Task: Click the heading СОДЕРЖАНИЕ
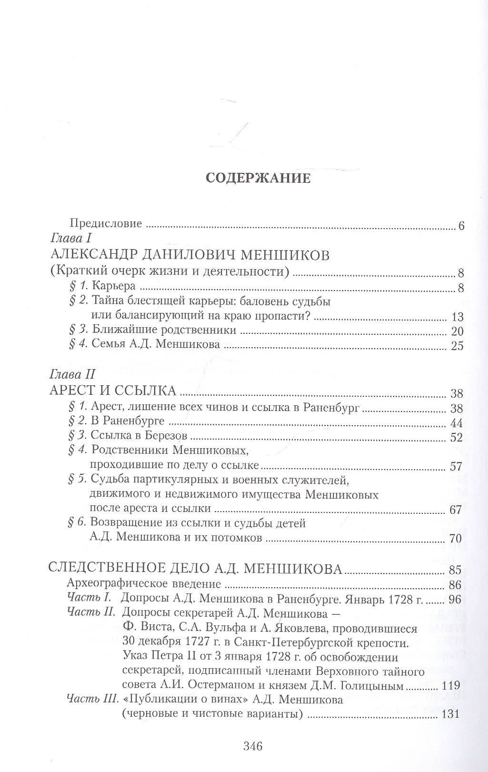(258, 178)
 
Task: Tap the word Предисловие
(106, 223)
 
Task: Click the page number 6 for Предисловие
(461, 226)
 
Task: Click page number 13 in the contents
(457, 317)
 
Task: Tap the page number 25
(457, 346)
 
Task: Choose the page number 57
(456, 466)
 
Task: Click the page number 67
(456, 510)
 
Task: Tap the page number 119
(450, 685)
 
